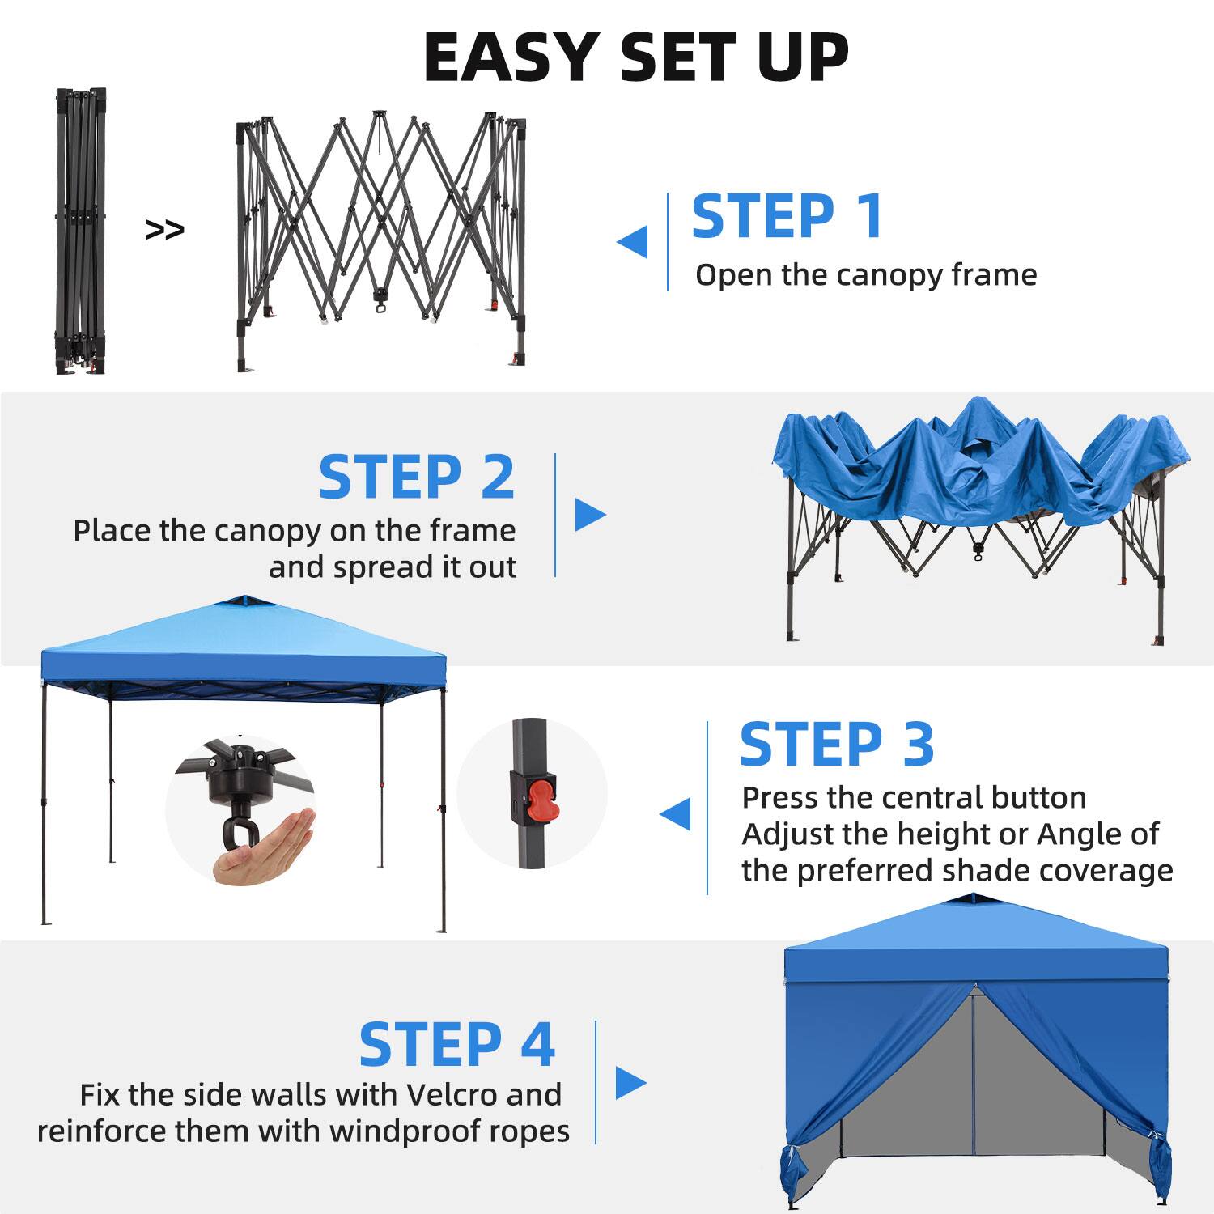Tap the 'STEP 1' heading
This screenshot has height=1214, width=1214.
point(787,216)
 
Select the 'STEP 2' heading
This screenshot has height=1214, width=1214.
point(416,477)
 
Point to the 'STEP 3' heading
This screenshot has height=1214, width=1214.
point(837,744)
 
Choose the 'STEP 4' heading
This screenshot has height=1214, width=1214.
point(456,1044)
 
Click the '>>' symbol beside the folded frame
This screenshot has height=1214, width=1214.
point(164,230)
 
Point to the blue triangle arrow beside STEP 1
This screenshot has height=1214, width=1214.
point(632,241)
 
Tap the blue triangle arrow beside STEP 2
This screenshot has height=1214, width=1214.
point(590,514)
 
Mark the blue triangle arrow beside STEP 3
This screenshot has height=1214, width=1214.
point(675,813)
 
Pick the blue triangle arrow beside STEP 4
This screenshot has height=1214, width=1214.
point(630,1082)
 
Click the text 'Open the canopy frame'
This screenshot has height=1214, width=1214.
point(865,275)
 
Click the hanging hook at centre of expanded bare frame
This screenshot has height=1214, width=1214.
point(380,302)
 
